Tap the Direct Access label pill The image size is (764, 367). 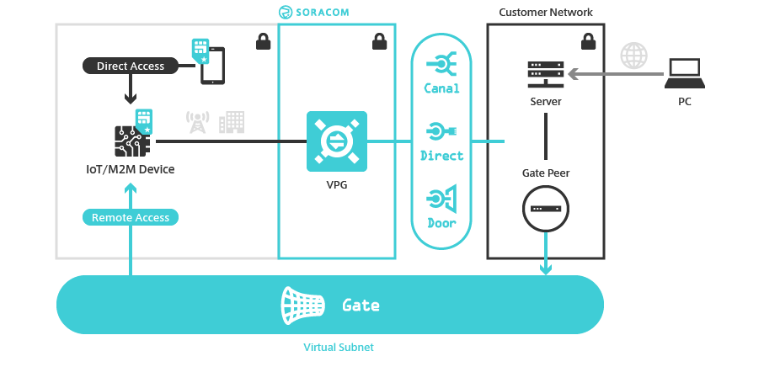[130, 66]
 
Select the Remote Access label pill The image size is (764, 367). [131, 217]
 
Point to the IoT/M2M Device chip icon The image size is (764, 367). [131, 140]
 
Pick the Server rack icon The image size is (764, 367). [546, 73]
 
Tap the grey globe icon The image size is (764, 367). [634, 56]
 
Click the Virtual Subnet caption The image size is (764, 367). [338, 347]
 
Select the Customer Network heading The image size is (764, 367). [545, 12]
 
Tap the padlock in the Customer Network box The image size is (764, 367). [588, 40]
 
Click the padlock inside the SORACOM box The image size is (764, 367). [379, 40]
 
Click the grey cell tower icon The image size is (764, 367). [197, 123]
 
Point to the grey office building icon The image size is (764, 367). [231, 122]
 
